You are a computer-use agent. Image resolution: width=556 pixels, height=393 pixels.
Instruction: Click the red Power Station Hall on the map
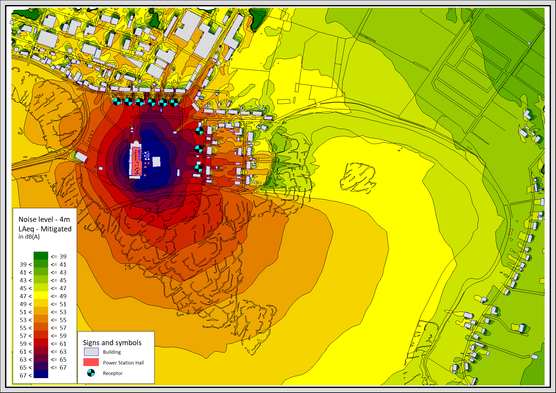coord(137,161)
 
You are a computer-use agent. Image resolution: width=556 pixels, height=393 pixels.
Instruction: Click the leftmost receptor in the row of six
coord(117,101)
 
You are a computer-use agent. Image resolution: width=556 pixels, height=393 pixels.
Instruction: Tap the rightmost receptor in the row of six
coord(174,102)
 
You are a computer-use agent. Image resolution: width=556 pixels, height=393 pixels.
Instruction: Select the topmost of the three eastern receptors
coord(199,131)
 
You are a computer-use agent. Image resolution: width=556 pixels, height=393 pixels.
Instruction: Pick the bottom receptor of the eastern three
coord(198,168)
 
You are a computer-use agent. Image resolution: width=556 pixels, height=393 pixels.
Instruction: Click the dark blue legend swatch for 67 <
coord(41,374)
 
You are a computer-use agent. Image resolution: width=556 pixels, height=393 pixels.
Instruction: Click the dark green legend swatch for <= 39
coord(41,255)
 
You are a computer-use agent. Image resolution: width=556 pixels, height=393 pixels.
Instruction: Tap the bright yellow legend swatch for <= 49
coord(41,295)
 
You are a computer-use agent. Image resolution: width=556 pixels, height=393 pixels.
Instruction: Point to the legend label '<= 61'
coord(59,344)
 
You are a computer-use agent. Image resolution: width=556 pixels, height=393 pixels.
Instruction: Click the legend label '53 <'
coord(26,320)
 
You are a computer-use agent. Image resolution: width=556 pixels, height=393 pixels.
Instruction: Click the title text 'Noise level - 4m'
coord(44,219)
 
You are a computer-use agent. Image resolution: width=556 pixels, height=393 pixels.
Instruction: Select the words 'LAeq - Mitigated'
coord(45,229)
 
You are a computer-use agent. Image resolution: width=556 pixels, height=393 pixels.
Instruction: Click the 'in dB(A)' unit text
coord(29,237)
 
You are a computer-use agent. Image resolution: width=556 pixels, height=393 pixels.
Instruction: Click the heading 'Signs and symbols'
coord(112,343)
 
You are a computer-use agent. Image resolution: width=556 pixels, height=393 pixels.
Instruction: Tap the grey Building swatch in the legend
coord(91,352)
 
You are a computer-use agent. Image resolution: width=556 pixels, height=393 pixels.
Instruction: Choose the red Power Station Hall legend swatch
coord(91,362)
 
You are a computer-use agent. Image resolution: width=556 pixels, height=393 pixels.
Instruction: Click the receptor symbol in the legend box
coord(91,373)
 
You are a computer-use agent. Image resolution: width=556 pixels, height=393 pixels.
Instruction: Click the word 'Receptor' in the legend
coord(113,373)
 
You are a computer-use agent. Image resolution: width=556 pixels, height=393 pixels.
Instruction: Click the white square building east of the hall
coord(156,161)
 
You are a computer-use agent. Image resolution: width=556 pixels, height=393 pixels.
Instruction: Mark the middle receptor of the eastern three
coord(199,149)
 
